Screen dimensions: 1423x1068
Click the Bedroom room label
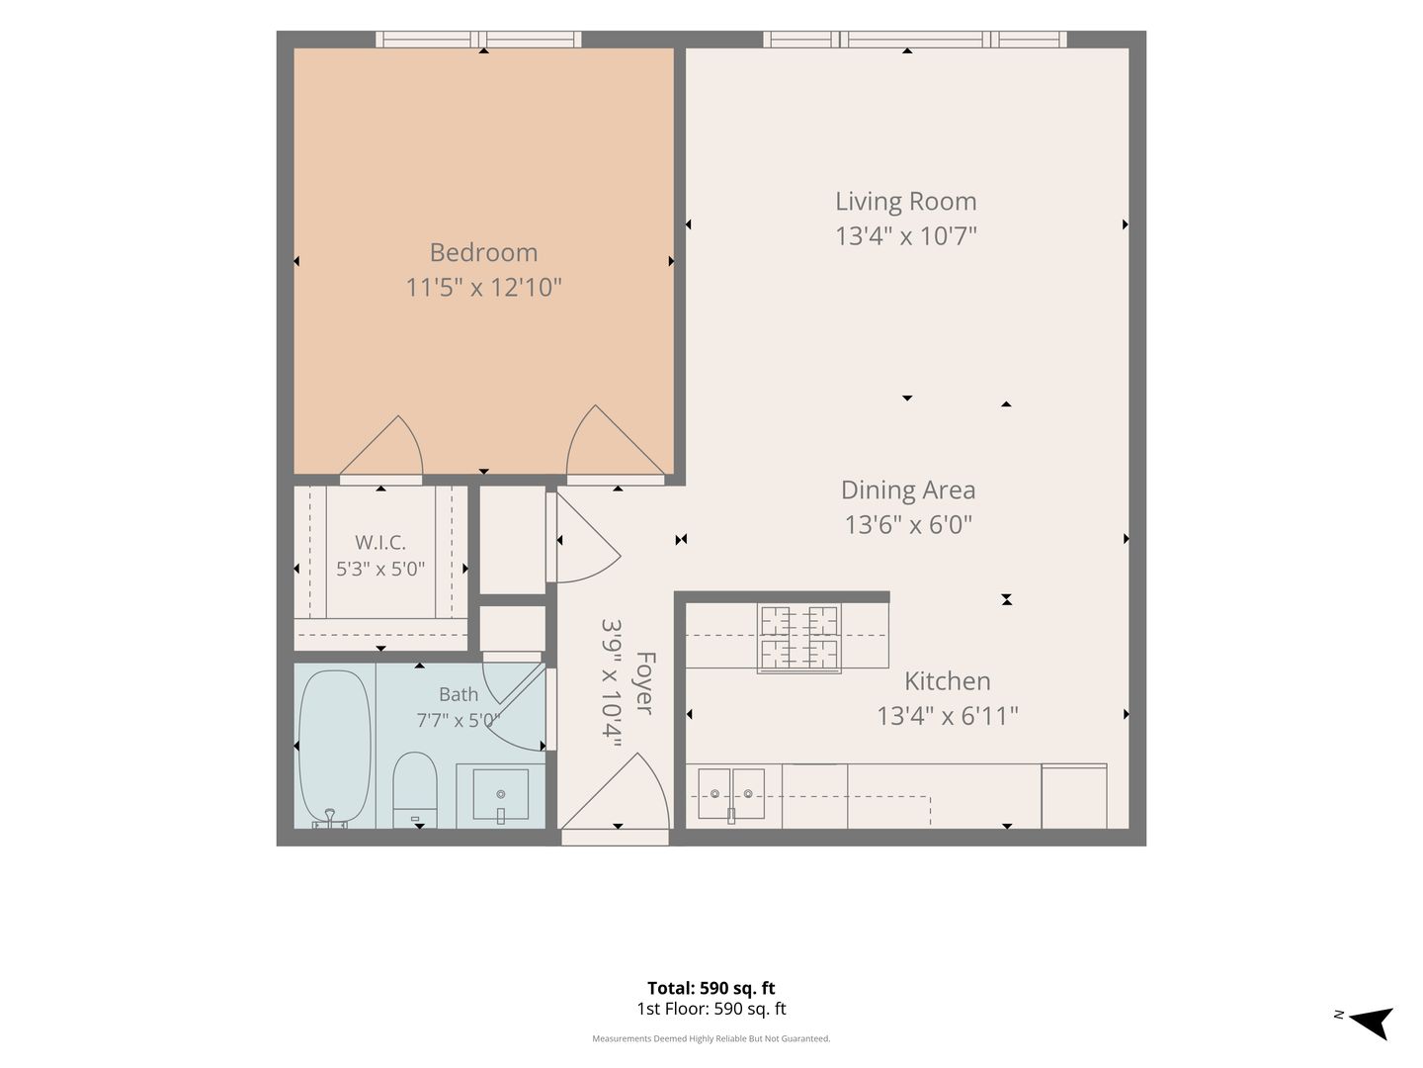tap(483, 252)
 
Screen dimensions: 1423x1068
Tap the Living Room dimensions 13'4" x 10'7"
tap(905, 235)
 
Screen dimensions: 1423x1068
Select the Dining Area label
tap(907, 489)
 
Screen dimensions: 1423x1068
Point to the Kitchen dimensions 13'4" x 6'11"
tap(947, 716)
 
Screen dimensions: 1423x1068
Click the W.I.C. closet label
tap(380, 542)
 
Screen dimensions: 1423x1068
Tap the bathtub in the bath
tap(335, 748)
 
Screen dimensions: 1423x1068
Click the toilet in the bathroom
tap(415, 789)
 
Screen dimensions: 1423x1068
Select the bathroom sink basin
tap(500, 795)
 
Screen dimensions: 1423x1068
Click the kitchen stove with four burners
tap(798, 639)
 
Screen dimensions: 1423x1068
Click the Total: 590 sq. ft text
tap(711, 988)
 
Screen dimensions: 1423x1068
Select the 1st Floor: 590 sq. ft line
tap(711, 1009)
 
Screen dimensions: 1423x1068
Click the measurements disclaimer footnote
tap(711, 1038)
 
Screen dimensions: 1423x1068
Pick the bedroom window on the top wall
tap(478, 39)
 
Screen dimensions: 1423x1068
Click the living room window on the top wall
tap(915, 39)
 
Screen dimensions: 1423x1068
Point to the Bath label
tap(459, 694)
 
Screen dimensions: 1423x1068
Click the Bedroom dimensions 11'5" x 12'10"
tap(483, 287)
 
